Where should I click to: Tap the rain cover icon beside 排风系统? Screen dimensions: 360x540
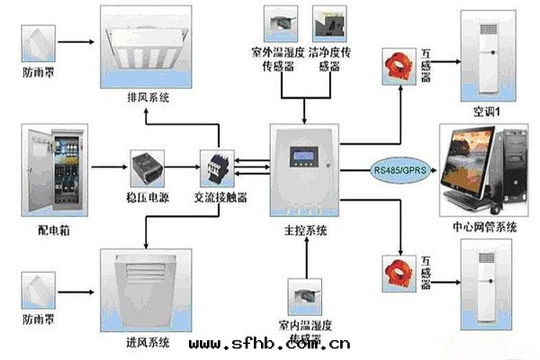pyautogui.click(x=40, y=40)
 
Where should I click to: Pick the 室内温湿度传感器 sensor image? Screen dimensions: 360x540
pyautogui.click(x=306, y=294)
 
